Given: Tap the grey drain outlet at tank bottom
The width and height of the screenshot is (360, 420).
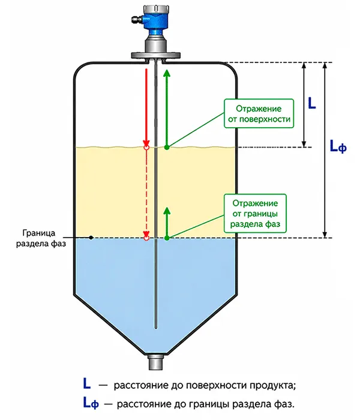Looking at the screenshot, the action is (x=155, y=362).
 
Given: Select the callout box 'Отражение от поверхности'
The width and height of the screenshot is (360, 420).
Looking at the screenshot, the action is (x=259, y=113).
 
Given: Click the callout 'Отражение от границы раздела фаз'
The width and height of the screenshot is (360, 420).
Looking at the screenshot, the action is (x=255, y=214).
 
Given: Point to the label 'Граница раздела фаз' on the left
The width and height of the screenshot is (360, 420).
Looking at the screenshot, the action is (x=41, y=238).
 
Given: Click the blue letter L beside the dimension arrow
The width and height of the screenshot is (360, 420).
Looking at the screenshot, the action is (x=312, y=103).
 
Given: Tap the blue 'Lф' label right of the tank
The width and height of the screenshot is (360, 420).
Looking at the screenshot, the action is (x=338, y=147).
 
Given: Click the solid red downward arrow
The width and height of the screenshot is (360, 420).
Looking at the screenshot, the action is (x=146, y=107).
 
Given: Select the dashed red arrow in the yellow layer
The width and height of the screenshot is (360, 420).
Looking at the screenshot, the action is (x=146, y=193).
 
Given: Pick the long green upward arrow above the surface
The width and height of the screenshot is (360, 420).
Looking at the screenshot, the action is (x=167, y=107).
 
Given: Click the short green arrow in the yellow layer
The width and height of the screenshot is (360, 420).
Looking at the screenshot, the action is (x=167, y=222).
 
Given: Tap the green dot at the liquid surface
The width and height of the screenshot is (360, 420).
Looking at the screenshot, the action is (x=167, y=148).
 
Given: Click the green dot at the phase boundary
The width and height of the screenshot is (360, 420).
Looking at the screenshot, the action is (x=167, y=238).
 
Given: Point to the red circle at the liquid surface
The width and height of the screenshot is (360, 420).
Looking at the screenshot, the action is (x=146, y=148).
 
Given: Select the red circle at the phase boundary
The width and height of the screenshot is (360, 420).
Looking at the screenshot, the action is (x=146, y=238).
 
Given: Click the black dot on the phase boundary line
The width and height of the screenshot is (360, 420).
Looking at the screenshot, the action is (x=91, y=238).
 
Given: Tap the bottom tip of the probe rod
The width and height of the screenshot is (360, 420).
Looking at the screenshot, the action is (x=155, y=328).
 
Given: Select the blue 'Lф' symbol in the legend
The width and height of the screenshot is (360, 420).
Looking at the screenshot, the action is (x=91, y=403).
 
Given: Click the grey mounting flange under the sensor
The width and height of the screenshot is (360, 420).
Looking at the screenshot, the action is (x=155, y=55).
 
